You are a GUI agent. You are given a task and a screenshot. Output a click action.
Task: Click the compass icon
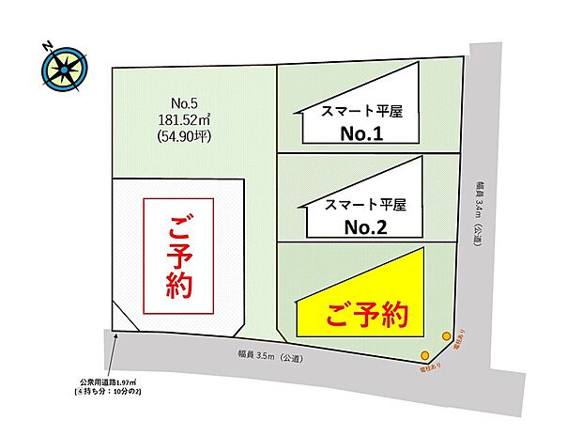[64, 68]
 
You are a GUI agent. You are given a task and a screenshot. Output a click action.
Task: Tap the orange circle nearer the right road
[445, 334]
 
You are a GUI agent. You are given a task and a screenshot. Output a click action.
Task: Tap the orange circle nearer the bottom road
[425, 355]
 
